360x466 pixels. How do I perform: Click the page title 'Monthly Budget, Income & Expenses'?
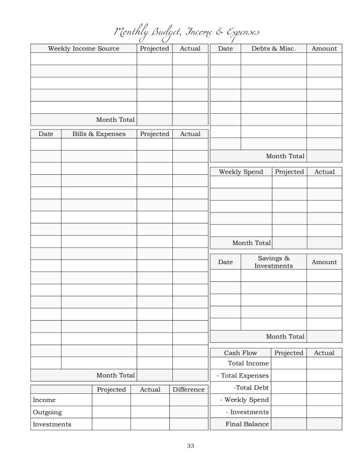pyautogui.click(x=186, y=32)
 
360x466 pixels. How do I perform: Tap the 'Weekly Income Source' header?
pyautogui.click(x=84, y=49)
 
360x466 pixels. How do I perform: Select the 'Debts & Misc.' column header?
pyautogui.click(x=273, y=49)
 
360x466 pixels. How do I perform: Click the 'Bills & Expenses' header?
pyautogui.click(x=98, y=134)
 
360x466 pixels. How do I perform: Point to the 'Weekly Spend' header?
pyautogui.click(x=241, y=172)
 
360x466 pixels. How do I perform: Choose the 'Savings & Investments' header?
pyautogui.click(x=273, y=262)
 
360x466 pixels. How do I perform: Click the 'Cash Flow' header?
pyautogui.click(x=240, y=353)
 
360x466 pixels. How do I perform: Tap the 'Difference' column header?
pyautogui.click(x=188, y=390)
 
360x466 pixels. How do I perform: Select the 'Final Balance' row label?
pyautogui.click(x=247, y=424)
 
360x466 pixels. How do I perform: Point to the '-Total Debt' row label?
pyautogui.click(x=251, y=388)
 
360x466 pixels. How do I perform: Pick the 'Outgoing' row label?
pyautogui.click(x=47, y=412)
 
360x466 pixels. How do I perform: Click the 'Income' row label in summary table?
pyautogui.click(x=44, y=400)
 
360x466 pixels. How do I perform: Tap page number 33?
pyautogui.click(x=190, y=446)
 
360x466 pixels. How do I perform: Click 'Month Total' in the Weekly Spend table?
pyautogui.click(x=251, y=243)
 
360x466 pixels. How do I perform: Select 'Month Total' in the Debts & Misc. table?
pyautogui.click(x=285, y=156)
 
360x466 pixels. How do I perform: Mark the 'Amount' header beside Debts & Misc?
pyautogui.click(x=324, y=49)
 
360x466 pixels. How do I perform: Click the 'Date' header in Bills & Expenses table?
pyautogui.click(x=46, y=134)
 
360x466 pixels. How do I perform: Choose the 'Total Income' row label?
pyautogui.click(x=248, y=364)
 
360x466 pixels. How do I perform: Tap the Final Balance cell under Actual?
pyautogui.click(x=324, y=424)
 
